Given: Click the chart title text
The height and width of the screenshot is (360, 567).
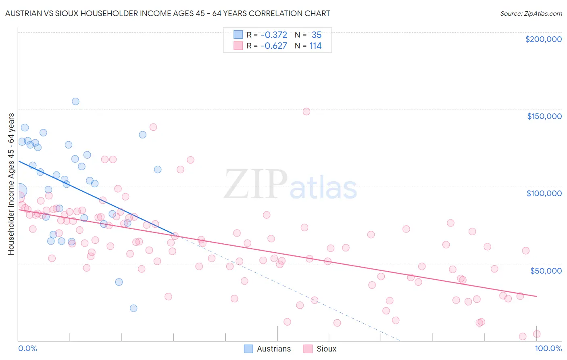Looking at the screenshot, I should (167, 13).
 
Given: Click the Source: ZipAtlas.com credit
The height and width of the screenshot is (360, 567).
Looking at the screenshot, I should (531, 13).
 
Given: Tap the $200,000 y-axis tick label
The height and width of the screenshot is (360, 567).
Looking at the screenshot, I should (543, 39).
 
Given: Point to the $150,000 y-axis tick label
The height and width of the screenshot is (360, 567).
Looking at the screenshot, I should (544, 116).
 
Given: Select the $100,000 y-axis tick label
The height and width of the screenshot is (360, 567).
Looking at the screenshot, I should (544, 193).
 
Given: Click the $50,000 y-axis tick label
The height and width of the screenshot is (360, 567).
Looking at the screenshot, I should (546, 270).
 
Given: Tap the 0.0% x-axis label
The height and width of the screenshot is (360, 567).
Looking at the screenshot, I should (27, 348).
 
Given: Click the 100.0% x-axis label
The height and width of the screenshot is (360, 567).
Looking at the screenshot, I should (548, 348).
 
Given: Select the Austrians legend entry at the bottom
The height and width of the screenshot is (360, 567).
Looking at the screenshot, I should (268, 349).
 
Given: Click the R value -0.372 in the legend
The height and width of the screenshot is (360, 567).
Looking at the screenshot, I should (274, 35).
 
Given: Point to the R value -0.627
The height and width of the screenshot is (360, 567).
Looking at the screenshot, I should (274, 46).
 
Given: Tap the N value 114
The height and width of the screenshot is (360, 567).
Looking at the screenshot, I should (315, 46).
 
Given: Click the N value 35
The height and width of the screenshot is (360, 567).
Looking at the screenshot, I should (317, 35).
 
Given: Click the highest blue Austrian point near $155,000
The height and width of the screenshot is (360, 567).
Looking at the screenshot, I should (75, 101).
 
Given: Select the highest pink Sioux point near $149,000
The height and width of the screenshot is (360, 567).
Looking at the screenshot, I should (306, 111).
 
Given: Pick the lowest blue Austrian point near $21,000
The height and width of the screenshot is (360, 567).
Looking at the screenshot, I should (133, 308).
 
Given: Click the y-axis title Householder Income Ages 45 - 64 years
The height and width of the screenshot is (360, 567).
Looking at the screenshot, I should (11, 184).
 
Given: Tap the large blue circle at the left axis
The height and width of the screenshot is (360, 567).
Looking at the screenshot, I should (19, 190).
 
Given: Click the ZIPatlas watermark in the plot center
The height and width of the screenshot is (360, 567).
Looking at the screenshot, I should (290, 185).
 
